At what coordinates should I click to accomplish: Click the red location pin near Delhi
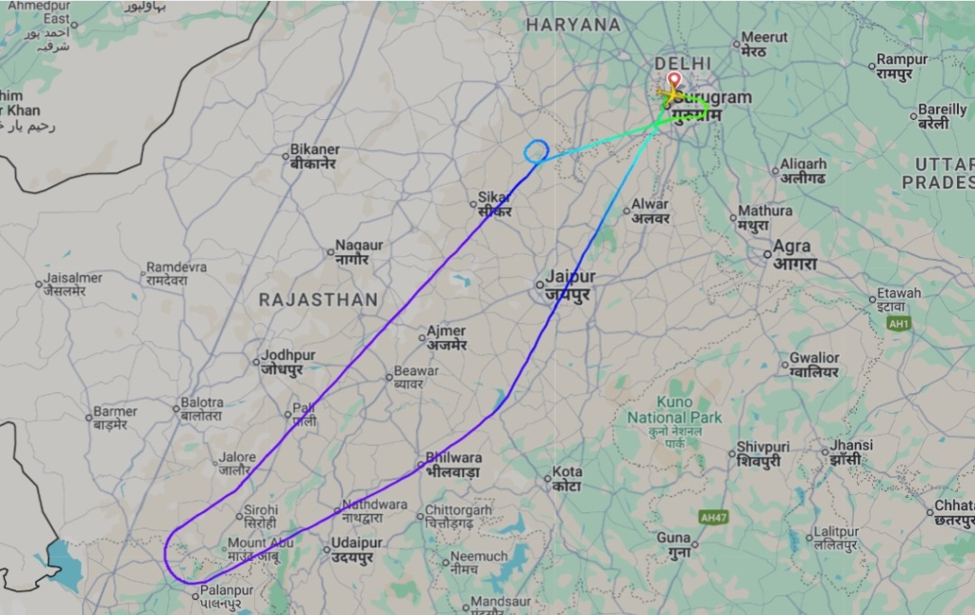coord(674,81)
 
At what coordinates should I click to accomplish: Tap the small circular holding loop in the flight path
coord(536,149)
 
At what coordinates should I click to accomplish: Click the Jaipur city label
coord(569,285)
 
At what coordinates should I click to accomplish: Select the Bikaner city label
coord(315,156)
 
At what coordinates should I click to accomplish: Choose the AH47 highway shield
coord(712,517)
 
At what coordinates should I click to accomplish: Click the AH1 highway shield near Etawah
coord(898,325)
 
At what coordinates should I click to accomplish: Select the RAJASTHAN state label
coord(319,300)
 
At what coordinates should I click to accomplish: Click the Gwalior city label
coord(814,365)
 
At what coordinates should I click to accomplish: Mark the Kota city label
coord(567,479)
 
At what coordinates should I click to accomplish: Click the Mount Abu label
coord(253,550)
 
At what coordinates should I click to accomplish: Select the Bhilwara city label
coord(452,465)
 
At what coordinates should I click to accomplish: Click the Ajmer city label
coord(446,337)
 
